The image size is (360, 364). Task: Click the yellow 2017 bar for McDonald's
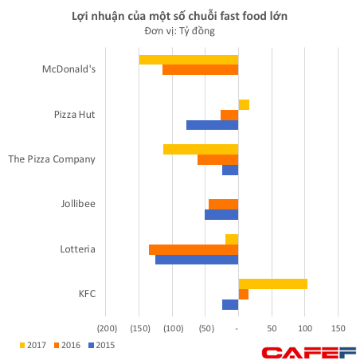tap(188, 60)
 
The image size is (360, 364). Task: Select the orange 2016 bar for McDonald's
tap(200, 70)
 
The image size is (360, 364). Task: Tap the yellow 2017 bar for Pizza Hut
tap(244, 104)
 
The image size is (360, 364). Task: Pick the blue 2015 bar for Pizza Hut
tap(212, 125)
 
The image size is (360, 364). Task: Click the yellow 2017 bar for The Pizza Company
tap(200, 149)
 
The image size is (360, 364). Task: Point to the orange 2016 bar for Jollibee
tap(223, 204)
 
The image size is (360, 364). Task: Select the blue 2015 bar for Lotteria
tap(196, 260)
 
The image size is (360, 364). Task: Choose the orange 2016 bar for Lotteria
tap(193, 249)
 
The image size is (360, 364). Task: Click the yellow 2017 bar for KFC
tap(272, 284)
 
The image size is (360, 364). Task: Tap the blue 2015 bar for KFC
tap(230, 304)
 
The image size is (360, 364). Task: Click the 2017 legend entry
tap(33, 345)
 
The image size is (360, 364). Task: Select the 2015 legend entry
tap(100, 345)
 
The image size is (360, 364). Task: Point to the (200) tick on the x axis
tap(106, 328)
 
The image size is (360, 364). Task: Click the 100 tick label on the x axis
tap(304, 328)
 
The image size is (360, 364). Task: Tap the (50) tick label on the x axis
tap(205, 328)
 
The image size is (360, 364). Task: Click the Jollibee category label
tap(78, 204)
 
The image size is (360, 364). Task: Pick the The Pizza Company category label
tap(52, 159)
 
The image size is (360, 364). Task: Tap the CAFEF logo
tap(309, 351)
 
